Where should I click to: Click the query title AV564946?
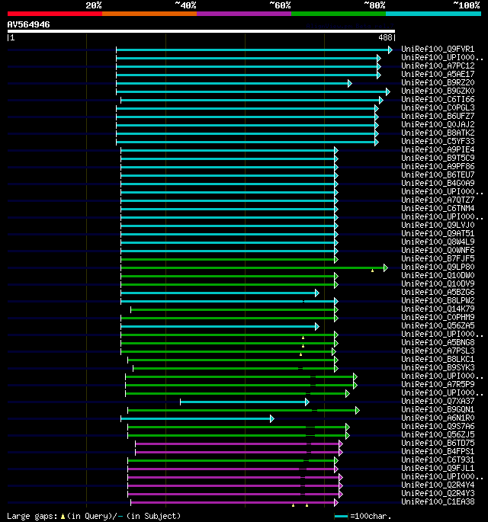pyautogui.click(x=29, y=24)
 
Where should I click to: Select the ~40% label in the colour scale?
pyautogui.click(x=185, y=5)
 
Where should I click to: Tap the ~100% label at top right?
pyautogui.click(x=466, y=5)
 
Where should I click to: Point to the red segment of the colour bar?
pyautogui.click(x=54, y=13)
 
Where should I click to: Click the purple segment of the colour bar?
pyautogui.click(x=243, y=13)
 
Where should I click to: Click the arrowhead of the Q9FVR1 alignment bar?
pyautogui.click(x=390, y=50)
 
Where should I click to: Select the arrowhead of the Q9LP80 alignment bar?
pyautogui.click(x=385, y=267)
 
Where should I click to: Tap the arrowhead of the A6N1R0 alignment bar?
pyautogui.click(x=271, y=418)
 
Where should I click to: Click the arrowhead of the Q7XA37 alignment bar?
pyautogui.click(x=307, y=402)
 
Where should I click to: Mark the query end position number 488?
pyautogui.click(x=384, y=37)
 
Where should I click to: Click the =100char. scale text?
pyautogui.click(x=373, y=516)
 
